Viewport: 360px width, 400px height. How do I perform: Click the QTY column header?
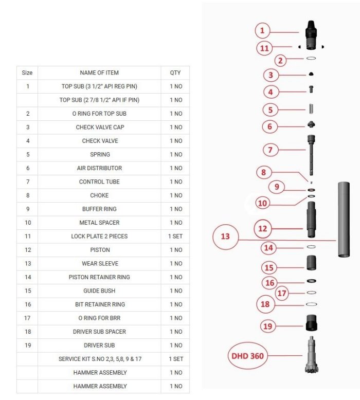point(175,72)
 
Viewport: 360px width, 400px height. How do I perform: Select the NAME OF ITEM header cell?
point(99,72)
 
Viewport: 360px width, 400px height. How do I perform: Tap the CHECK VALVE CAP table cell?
point(99,128)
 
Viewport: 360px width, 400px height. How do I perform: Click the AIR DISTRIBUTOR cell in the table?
point(99,168)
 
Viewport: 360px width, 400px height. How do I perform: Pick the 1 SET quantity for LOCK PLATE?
point(175,236)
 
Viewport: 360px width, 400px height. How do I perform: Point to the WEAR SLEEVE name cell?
point(99,264)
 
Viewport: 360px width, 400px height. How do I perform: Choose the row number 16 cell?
point(28,304)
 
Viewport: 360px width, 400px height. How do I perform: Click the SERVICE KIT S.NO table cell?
point(99,359)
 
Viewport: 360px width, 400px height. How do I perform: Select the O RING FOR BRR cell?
point(99,318)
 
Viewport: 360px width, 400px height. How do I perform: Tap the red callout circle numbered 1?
point(262,31)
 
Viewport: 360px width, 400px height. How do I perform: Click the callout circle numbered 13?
point(225,237)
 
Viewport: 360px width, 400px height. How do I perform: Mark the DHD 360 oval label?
point(247,356)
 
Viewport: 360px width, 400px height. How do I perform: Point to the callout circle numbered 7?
point(270,150)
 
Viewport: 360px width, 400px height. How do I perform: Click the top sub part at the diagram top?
point(311,35)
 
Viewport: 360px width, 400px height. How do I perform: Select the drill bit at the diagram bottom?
point(312,355)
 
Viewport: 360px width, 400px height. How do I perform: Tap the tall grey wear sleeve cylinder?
point(344,220)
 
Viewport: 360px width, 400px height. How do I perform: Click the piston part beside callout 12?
point(311,220)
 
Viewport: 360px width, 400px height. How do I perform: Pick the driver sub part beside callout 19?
point(311,323)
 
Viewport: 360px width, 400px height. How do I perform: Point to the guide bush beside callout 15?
point(311,263)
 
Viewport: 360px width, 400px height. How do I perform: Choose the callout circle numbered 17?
point(282,293)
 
